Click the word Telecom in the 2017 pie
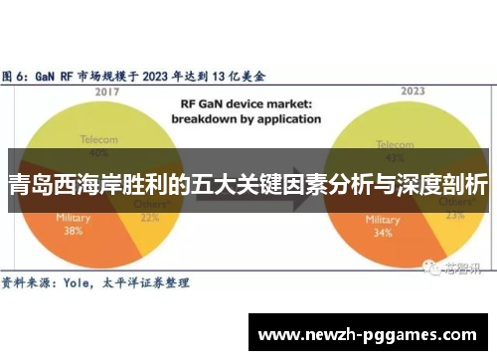pos(97,140)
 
